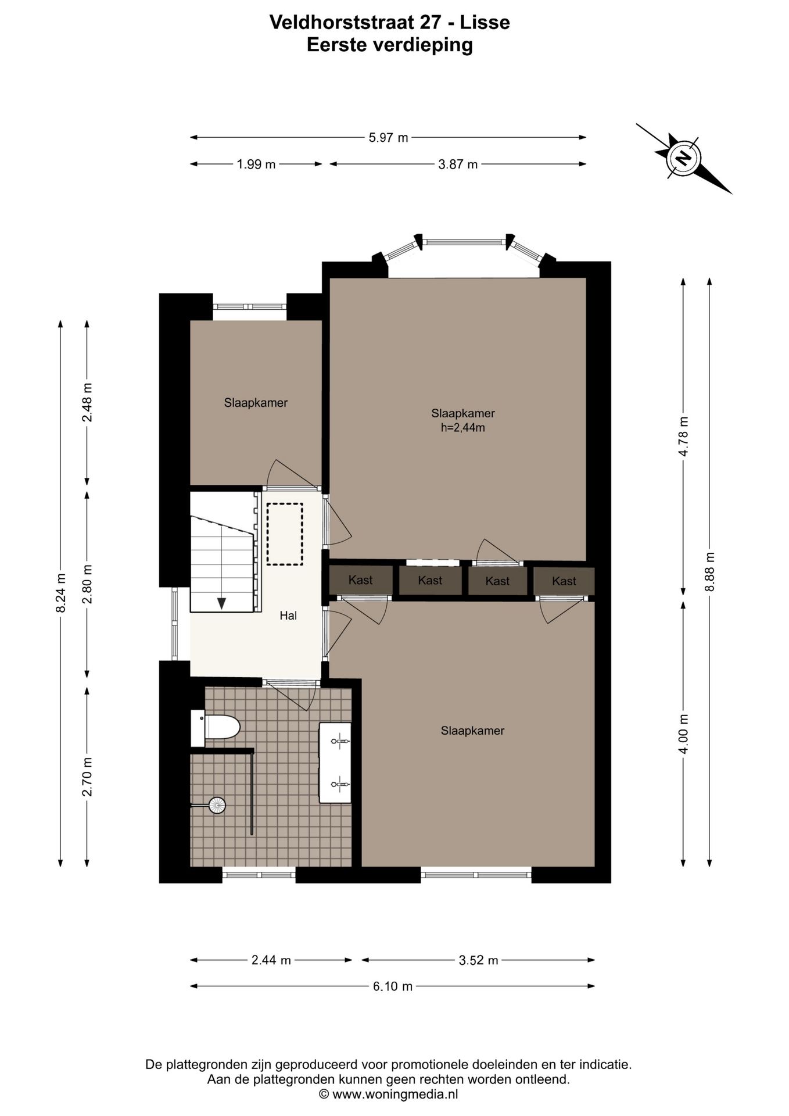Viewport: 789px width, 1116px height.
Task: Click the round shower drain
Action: tap(217, 805)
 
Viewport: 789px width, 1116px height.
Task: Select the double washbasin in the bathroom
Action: tap(335, 763)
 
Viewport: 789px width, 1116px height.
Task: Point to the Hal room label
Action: tap(288, 616)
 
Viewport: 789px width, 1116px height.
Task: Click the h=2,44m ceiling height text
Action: tap(463, 428)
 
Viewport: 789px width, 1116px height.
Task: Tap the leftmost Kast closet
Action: tap(361, 580)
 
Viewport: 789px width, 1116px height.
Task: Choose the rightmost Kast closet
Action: tap(564, 581)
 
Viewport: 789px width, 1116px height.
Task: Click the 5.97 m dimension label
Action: tap(388, 138)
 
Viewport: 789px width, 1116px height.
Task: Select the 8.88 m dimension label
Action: tap(709, 572)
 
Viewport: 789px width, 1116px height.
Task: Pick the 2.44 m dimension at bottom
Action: tap(271, 960)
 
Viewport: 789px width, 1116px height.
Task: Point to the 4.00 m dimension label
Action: tap(683, 734)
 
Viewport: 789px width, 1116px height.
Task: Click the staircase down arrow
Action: tap(221, 603)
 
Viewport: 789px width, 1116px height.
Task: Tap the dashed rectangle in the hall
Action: tap(285, 534)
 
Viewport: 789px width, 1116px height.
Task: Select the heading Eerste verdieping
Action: tap(390, 45)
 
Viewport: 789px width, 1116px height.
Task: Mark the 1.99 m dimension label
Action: tap(256, 164)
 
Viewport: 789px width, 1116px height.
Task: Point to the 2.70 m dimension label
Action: tap(87, 777)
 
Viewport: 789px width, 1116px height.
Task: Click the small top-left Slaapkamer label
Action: tap(256, 403)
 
